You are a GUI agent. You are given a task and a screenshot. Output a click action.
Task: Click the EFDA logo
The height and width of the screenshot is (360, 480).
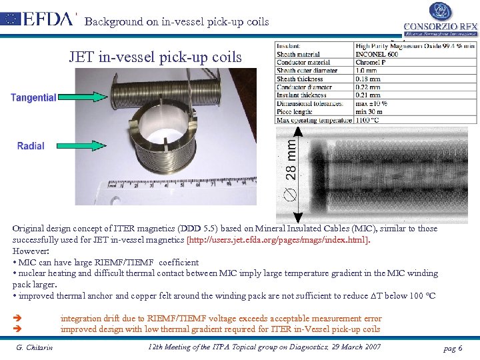40,18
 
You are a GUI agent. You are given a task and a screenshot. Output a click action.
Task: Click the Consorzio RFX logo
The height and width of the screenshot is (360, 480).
440,20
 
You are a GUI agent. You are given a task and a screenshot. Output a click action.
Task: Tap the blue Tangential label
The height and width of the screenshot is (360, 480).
33,97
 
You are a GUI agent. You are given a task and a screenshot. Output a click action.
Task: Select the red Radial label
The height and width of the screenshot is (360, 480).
31,145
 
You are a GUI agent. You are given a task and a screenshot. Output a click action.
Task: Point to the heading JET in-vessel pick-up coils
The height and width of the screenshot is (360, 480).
155,57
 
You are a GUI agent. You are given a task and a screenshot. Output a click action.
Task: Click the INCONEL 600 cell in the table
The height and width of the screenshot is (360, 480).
377,54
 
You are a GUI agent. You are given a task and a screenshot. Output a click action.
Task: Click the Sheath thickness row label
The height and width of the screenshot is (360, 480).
300,79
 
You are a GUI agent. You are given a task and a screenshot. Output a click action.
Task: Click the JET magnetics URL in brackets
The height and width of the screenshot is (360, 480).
278,239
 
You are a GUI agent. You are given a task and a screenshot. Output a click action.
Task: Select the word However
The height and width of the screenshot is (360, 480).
29,250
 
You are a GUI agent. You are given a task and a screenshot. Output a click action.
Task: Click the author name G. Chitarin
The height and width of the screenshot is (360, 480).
35,347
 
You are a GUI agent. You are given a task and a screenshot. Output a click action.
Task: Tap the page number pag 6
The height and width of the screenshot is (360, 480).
451,349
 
